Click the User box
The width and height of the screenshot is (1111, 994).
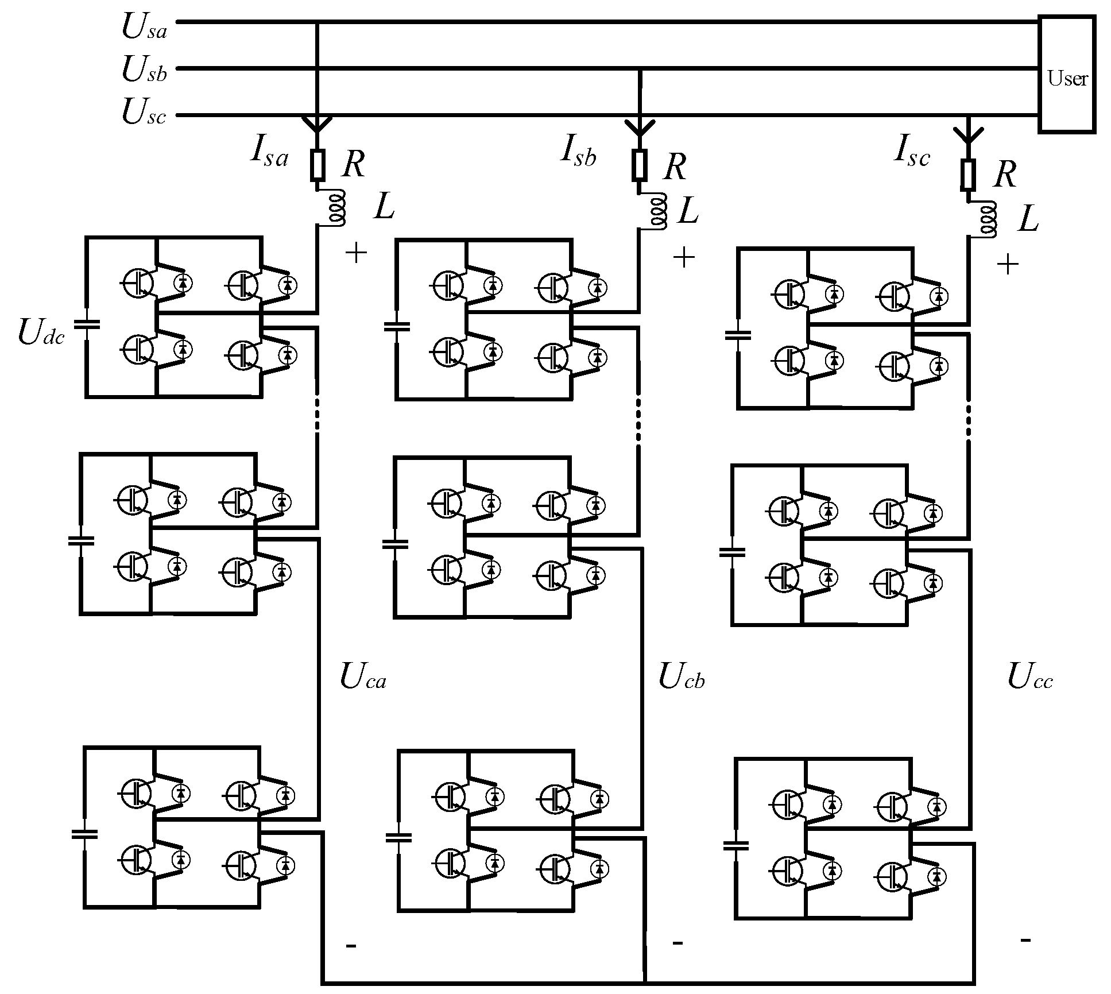click(1067, 75)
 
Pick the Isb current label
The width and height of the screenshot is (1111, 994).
click(578, 153)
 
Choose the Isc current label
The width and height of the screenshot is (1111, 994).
click(912, 154)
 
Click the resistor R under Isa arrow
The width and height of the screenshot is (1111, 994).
click(318, 165)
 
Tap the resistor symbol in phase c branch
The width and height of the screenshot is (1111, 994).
click(968, 175)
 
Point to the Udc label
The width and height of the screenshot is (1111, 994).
click(41, 333)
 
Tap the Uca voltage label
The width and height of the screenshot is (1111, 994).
click(363, 676)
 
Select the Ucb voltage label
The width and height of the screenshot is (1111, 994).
click(681, 676)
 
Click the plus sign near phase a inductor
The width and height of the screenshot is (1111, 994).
click(356, 252)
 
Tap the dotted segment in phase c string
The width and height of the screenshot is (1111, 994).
click(968, 422)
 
